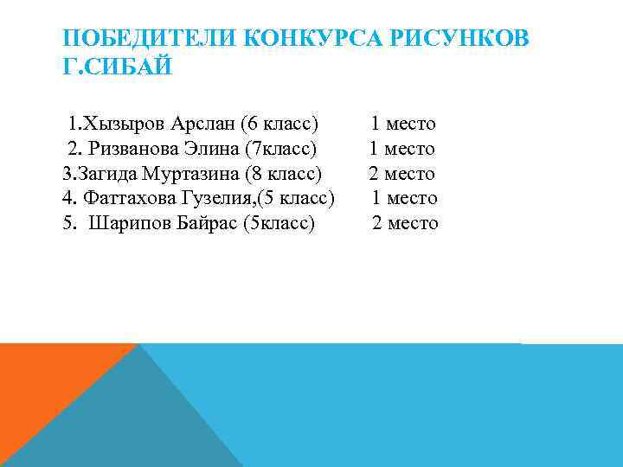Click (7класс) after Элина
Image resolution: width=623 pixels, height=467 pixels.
pos(282,149)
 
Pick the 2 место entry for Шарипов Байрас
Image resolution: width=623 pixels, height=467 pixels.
pos(405,223)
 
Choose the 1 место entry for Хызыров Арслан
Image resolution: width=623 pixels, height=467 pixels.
pos(403,124)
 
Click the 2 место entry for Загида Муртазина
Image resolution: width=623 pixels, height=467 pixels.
pos(401,174)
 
